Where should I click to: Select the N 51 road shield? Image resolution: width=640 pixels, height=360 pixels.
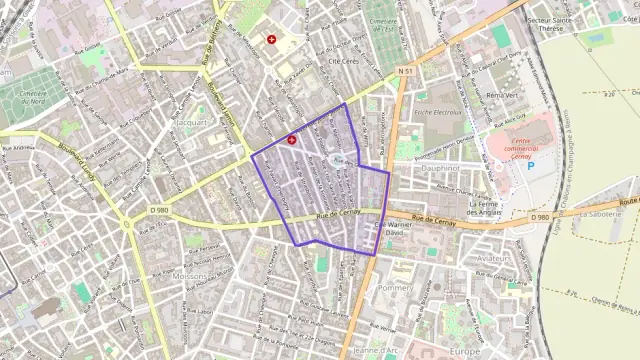pyautogui.click(x=405, y=71)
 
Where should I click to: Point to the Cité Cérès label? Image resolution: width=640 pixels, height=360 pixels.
pyautogui.click(x=343, y=61)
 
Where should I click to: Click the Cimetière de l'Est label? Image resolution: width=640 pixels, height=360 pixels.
pyautogui.click(x=381, y=24)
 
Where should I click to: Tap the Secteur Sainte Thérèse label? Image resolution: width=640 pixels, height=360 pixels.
pyautogui.click(x=582, y=25)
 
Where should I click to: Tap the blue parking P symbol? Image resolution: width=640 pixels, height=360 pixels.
pyautogui.click(x=531, y=167)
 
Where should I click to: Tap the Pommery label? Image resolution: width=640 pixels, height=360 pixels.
pyautogui.click(x=395, y=287)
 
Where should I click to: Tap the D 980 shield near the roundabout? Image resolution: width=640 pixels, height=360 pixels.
pyautogui.click(x=159, y=210)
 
